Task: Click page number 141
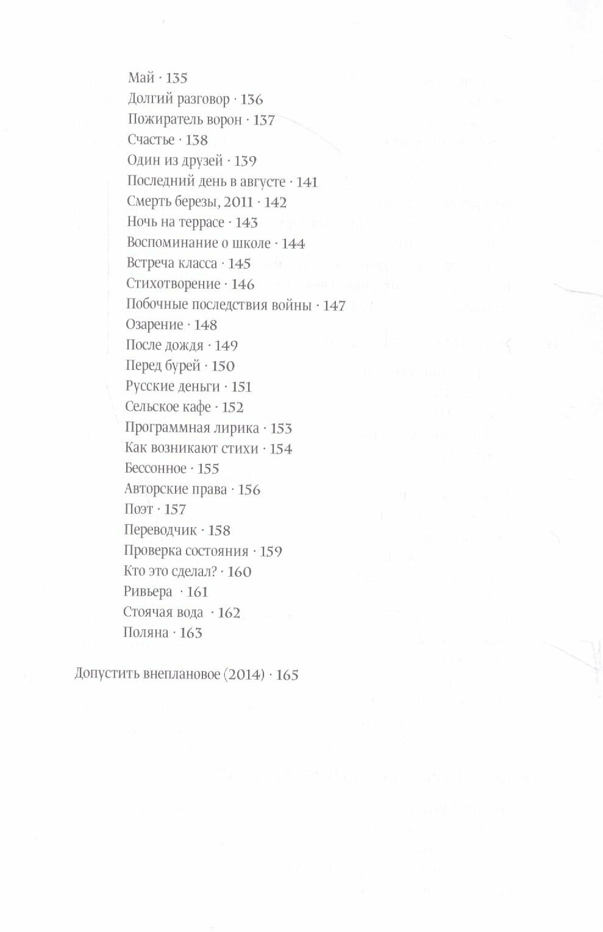[307, 182]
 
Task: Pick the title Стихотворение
[173, 283]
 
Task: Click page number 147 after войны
[334, 305]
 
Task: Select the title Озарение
[154, 325]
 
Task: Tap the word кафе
[196, 407]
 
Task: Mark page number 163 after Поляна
[190, 633]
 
